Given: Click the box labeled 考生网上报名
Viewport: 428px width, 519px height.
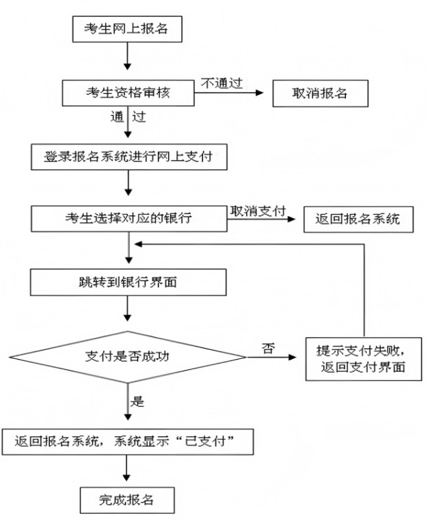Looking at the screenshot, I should click(x=127, y=29).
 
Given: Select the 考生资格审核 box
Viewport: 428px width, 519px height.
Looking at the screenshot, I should click(x=127, y=93).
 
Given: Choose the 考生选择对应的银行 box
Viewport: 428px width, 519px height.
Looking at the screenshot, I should click(x=128, y=219).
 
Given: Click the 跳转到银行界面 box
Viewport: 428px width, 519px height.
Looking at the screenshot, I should click(x=128, y=282).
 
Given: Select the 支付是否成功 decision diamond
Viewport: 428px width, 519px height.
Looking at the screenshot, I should click(x=128, y=358).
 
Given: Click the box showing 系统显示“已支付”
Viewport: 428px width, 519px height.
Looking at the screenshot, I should click(x=128, y=442).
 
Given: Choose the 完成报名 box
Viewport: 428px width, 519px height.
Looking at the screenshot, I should click(x=127, y=499).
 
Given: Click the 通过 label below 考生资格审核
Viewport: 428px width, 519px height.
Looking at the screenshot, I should click(x=128, y=116).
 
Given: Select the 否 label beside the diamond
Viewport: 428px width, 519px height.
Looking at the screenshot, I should click(x=267, y=349).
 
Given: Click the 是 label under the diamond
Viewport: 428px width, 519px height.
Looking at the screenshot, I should click(x=137, y=401).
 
